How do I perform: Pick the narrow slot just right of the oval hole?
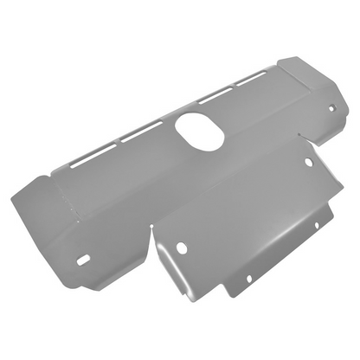214,98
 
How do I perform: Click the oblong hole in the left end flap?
84,259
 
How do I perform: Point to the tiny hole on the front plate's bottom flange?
247,279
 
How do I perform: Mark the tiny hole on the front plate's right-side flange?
317,225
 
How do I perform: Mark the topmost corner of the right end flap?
285,58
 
